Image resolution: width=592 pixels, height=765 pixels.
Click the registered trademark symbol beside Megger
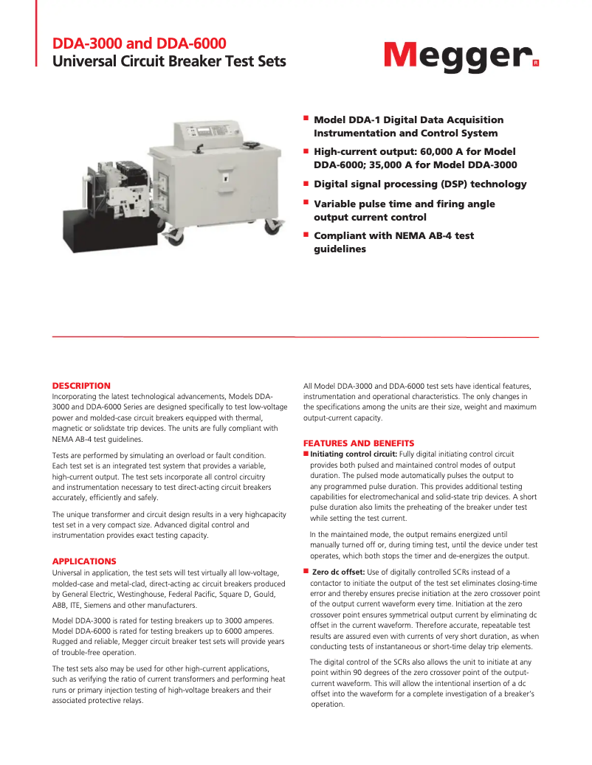[x=535, y=63]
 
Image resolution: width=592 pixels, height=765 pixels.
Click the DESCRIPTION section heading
[x=81, y=386]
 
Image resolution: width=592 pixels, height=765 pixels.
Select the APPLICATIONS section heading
[x=84, y=561]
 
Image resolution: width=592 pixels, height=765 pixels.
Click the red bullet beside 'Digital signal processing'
[x=306, y=181]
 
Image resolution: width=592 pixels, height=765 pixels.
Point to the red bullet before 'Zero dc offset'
[x=306, y=571]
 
